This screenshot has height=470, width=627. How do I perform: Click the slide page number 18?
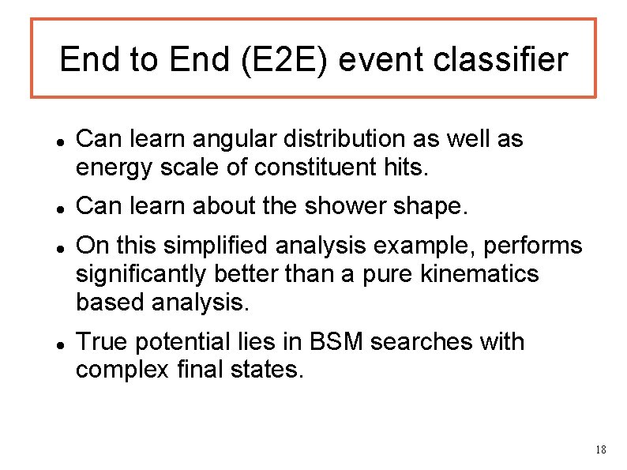pos(600,449)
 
